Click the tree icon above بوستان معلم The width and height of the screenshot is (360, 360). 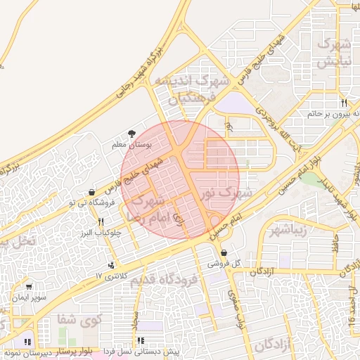(x=131, y=134)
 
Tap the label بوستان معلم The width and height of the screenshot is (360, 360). (x=132, y=144)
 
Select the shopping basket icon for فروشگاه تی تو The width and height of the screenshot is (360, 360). (x=91, y=193)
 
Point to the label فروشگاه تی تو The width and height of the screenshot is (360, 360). (x=89, y=202)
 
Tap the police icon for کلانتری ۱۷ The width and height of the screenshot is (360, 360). (x=111, y=266)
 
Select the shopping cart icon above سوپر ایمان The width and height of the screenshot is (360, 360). (x=29, y=287)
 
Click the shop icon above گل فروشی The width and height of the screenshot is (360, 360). (x=224, y=253)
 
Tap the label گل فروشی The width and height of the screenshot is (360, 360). (x=224, y=264)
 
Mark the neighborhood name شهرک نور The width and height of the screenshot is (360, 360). (x=224, y=191)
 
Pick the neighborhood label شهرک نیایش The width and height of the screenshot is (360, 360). (x=335, y=53)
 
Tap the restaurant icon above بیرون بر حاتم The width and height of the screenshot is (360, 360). (x=342, y=103)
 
